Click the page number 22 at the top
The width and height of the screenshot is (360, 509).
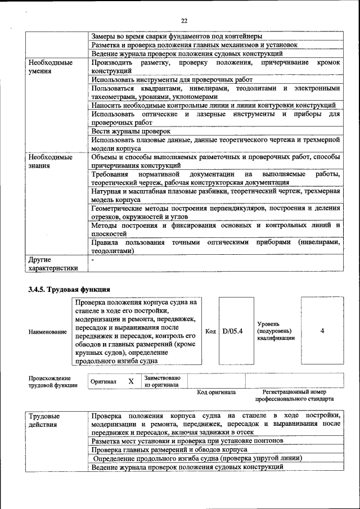184,21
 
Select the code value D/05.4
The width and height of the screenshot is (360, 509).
232,331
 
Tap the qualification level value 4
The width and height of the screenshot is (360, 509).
322,331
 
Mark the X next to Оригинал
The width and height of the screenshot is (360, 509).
131,381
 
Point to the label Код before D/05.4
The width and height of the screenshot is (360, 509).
210,331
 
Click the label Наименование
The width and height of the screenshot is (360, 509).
48,332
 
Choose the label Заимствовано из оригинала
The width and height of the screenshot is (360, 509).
162,381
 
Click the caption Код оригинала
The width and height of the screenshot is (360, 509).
216,392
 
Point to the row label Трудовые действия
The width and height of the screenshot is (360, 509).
45,420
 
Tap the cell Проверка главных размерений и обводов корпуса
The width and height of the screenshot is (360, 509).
169,450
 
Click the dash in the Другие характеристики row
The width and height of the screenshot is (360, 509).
93,260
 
